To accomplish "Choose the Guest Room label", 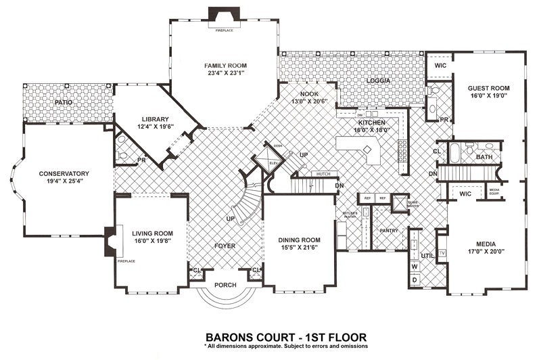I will click(488, 89).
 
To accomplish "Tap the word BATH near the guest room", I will click(484, 157).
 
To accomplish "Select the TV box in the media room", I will click(442, 254).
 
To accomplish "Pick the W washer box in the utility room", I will click(415, 267).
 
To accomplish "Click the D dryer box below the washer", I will click(415, 279).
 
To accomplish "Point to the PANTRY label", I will click(388, 231).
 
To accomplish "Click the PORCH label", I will click(225, 285).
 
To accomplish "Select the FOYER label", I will click(225, 246).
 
